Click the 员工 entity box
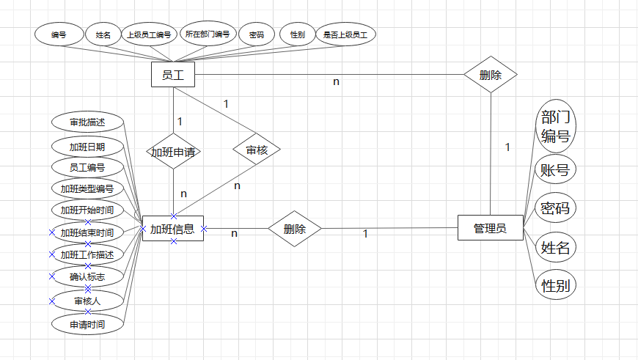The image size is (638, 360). pos(172,74)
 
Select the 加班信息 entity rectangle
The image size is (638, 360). pos(172,229)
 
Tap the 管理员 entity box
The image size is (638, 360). pos(491,228)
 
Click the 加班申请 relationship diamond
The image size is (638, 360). pos(174,152)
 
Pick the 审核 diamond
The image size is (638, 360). pos(256,151)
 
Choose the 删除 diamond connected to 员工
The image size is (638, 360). pos(490,75)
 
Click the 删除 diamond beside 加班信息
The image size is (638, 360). pos(294,229)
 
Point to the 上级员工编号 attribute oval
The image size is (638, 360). pos(148,34)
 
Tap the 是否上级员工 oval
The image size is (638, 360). pos(345,34)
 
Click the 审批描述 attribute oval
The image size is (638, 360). pos(87,122)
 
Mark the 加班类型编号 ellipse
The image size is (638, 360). pos(87,189)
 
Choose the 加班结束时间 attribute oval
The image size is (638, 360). pos(87,233)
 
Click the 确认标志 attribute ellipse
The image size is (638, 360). pos(87,277)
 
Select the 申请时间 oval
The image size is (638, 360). pos(87,323)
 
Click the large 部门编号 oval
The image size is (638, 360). pos(554,126)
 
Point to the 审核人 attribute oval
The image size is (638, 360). pos(87,301)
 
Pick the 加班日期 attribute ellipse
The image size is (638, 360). pos(87,146)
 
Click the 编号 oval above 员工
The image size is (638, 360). pos(59,34)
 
